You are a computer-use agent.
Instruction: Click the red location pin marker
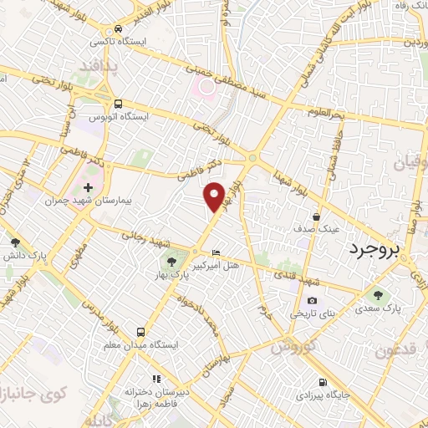[x=215, y=196]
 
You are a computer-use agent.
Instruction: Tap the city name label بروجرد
[x=375, y=249]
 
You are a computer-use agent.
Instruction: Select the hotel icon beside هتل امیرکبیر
[x=217, y=254]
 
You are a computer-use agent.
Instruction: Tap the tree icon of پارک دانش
[x=15, y=242]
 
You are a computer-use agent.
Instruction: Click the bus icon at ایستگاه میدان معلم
[x=141, y=332]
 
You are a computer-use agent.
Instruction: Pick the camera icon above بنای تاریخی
[x=312, y=301]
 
